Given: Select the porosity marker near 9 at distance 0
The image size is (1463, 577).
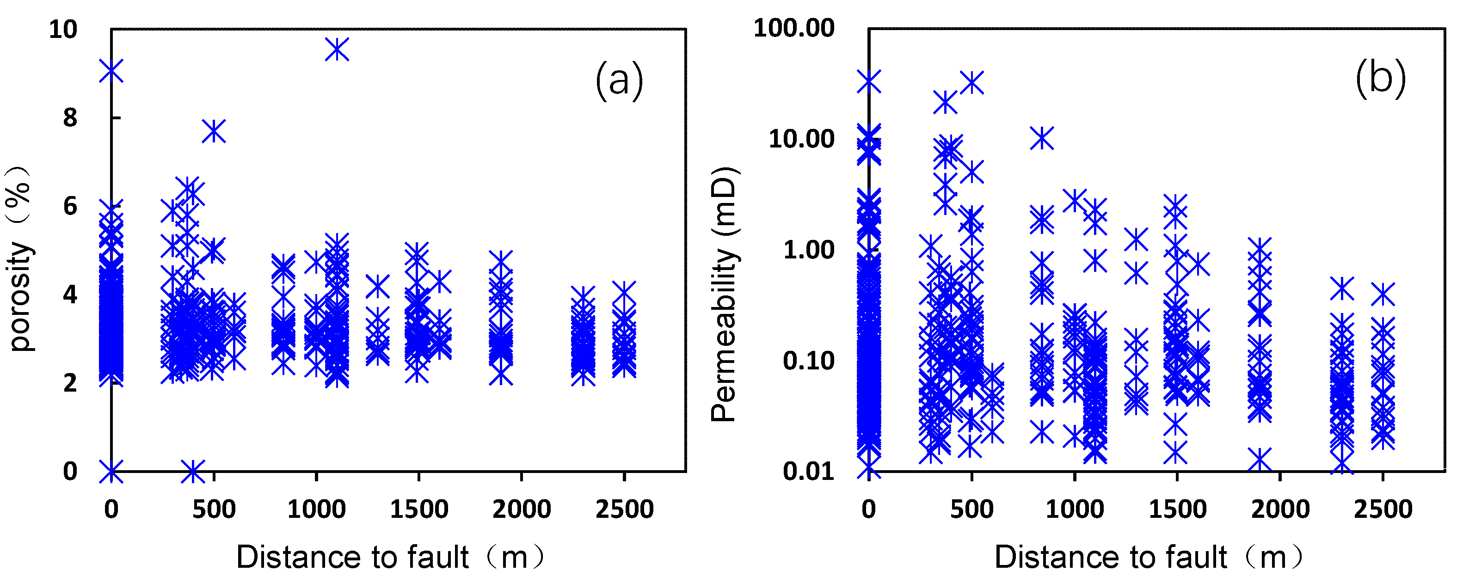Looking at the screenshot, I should [x=111, y=72].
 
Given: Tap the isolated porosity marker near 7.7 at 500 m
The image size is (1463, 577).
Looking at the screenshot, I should [x=214, y=131].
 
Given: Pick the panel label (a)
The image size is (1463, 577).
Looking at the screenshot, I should [x=619, y=80].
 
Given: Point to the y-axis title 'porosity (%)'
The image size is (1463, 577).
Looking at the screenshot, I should [x=20, y=258].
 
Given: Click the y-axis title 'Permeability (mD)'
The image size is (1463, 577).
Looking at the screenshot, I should [x=724, y=294].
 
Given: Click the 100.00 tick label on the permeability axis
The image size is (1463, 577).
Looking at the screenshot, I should [x=793, y=28].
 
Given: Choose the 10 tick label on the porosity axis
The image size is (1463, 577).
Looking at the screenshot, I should [x=63, y=30].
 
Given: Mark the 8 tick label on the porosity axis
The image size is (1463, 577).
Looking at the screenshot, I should [x=69, y=118].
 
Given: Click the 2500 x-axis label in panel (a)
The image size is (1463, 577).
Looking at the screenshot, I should [x=624, y=509].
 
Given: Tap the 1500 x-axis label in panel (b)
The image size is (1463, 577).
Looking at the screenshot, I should [x=1177, y=509].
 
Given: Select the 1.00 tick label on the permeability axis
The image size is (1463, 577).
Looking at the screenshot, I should [x=808, y=250].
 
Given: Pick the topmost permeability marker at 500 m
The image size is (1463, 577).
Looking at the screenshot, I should [x=972, y=83].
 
